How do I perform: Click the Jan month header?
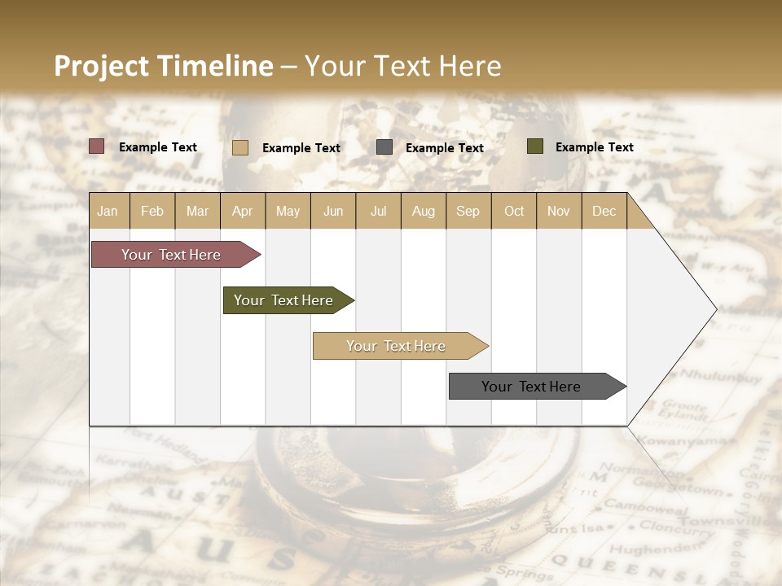(x=108, y=211)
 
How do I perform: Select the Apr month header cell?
(x=242, y=211)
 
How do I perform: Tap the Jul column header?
(x=378, y=211)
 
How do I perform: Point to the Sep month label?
(x=468, y=211)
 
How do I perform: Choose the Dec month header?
(x=604, y=211)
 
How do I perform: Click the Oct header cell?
(x=514, y=211)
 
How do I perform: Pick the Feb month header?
(x=152, y=211)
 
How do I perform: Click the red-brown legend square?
(x=97, y=146)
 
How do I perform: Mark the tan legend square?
(x=240, y=147)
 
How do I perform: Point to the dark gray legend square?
(x=384, y=147)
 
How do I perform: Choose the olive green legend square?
(x=535, y=146)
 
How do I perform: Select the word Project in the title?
(x=101, y=66)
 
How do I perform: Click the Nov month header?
(x=559, y=211)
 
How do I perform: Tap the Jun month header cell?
(x=333, y=211)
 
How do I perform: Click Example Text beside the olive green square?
(x=595, y=147)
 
